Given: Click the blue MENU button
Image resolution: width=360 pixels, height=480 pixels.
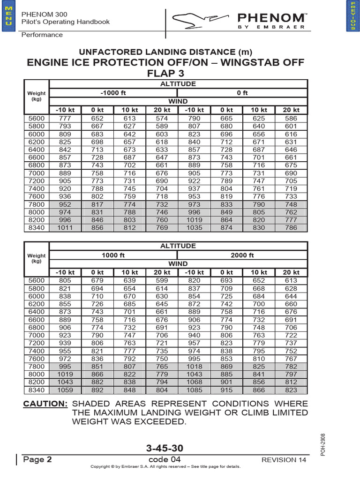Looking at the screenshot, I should [7, 16].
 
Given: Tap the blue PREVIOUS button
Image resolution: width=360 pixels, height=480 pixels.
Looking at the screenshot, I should [352, 16].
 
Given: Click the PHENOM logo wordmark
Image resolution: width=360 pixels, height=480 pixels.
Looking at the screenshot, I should [271, 18].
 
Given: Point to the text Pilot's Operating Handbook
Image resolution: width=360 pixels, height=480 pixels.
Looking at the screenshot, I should [66, 22].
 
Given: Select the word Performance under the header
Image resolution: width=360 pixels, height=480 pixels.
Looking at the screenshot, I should [42, 35].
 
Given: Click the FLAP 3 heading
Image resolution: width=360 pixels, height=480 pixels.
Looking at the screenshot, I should [165, 74].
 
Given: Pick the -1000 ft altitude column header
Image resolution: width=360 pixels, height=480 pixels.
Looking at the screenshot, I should [114, 93].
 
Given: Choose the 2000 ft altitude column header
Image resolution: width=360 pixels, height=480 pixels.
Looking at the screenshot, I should [243, 255].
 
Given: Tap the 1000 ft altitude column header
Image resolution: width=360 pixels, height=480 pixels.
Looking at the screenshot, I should [114, 255].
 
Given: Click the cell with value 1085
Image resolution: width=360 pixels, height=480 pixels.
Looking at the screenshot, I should [195, 390].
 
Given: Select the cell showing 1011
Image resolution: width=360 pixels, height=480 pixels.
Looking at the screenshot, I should [65, 228].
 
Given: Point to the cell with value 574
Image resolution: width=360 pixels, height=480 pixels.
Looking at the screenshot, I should [162, 119].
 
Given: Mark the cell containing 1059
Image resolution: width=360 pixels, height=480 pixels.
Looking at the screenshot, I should [65, 390].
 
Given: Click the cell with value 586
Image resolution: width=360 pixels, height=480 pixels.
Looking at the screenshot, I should [291, 119].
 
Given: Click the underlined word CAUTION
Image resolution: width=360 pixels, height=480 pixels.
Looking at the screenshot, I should [45, 404].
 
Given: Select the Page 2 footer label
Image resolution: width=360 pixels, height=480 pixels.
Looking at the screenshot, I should [37, 459].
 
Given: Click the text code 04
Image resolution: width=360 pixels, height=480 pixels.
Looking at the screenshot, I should [164, 459].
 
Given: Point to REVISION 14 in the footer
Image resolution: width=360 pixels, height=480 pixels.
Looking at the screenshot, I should [284, 460].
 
